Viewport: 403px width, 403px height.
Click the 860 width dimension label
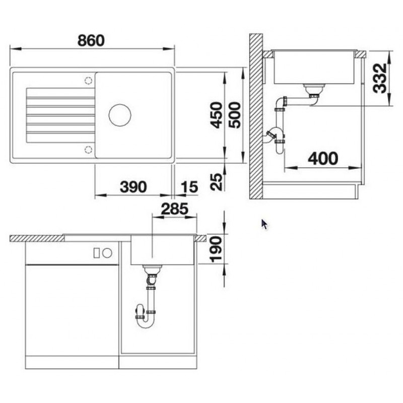[x=91, y=41]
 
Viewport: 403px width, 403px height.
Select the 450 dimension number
[x=216, y=115]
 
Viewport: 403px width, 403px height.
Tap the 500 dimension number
[x=235, y=115]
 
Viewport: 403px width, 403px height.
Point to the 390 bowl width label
[x=133, y=187]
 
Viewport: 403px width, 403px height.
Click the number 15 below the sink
[x=189, y=187]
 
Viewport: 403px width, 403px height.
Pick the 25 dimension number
[x=216, y=182]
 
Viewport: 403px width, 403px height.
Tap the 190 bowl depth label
[x=216, y=250]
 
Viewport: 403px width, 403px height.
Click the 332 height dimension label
[x=380, y=78]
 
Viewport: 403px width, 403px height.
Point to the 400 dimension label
[x=323, y=159]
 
